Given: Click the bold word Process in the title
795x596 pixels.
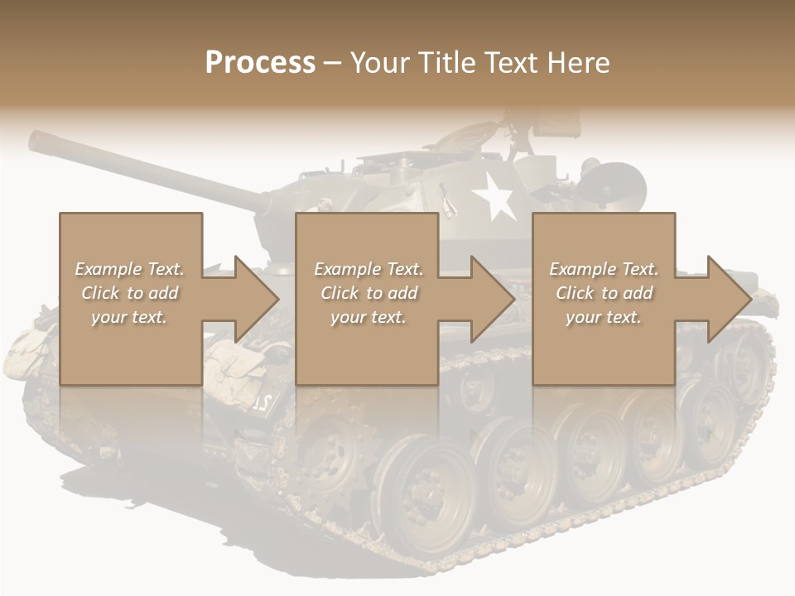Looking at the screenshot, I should (x=260, y=63).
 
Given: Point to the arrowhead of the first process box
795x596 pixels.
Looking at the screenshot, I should (x=257, y=299).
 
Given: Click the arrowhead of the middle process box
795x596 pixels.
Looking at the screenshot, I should (x=493, y=299).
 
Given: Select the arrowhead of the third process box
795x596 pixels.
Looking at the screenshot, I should (x=730, y=299).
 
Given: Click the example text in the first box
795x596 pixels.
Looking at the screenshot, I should (x=129, y=293).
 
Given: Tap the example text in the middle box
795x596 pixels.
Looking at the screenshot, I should (x=368, y=293).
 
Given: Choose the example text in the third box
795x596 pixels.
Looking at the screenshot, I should (x=603, y=293).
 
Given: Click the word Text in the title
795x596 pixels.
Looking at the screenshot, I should (x=511, y=63).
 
